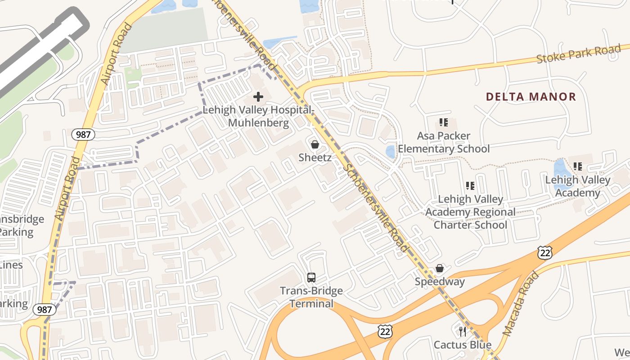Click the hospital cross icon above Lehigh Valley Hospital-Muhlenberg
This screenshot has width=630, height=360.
click(258, 97)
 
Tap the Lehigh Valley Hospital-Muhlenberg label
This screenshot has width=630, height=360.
click(258, 116)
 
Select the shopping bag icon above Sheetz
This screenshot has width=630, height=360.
click(315, 144)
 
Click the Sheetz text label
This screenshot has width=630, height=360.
click(315, 157)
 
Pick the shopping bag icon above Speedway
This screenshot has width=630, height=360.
click(440, 269)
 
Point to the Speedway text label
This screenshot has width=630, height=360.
click(440, 282)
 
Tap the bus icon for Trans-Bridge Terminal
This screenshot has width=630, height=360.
click(311, 277)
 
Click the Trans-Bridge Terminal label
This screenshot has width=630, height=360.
click(311, 297)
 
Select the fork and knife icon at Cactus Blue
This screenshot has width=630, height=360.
click(462, 332)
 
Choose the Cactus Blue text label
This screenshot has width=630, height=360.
click(462, 345)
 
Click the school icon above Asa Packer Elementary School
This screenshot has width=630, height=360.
click(444, 122)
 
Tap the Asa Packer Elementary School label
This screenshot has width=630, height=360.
click(444, 142)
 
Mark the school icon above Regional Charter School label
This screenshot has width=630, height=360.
click(470, 185)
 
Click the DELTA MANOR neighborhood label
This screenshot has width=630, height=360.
click(531, 97)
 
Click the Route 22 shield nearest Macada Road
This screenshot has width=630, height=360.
click(544, 252)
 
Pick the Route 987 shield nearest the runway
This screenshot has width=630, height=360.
click(84, 134)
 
